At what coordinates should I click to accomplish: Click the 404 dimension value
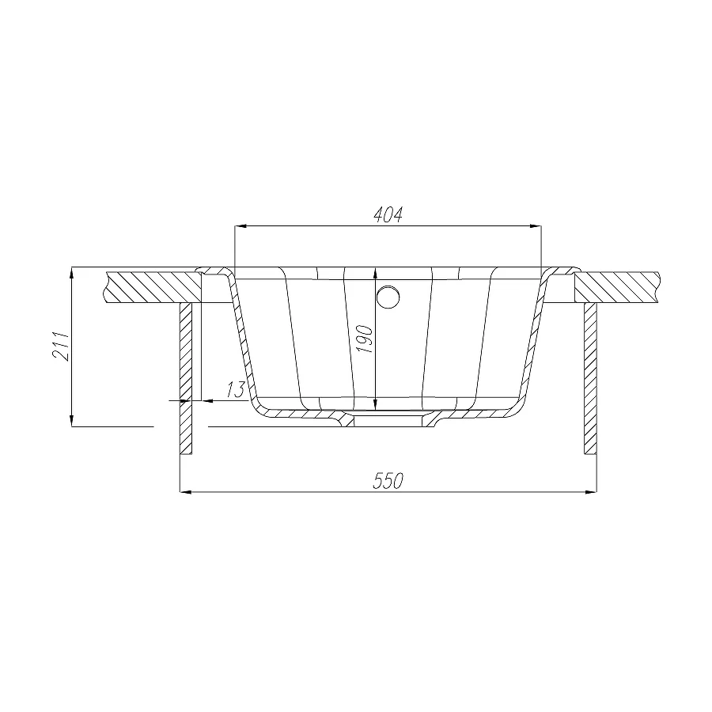pyautogui.click(x=388, y=214)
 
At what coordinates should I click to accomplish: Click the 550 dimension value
pyautogui.click(x=388, y=481)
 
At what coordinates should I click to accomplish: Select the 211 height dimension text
pyautogui.click(x=61, y=346)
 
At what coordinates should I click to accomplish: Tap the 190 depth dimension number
pyautogui.click(x=365, y=339)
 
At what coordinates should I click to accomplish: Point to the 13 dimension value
pyautogui.click(x=235, y=389)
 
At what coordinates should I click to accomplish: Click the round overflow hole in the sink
pyautogui.click(x=388, y=297)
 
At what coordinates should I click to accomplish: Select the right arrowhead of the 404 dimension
pyautogui.click(x=536, y=225)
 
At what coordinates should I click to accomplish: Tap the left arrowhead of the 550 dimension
pyautogui.click(x=186, y=492)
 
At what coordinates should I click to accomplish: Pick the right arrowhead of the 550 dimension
pyautogui.click(x=591, y=492)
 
